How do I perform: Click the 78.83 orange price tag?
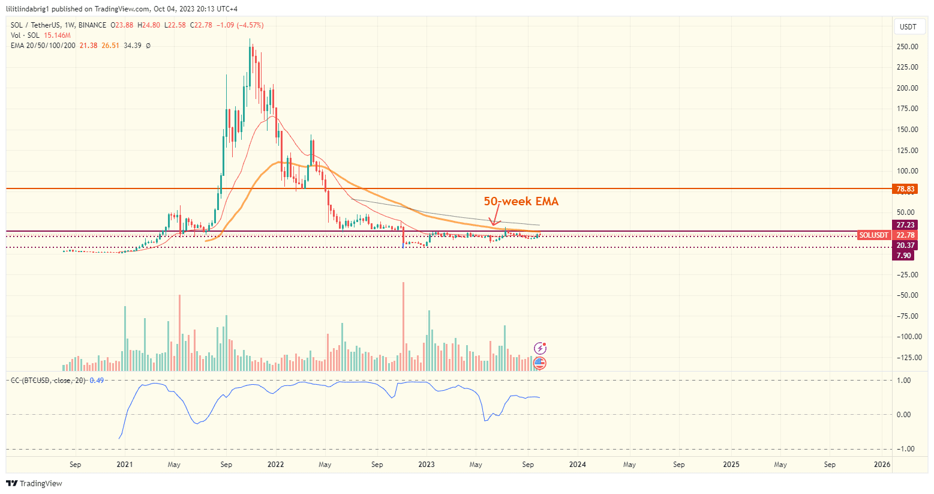pyautogui.click(x=905, y=189)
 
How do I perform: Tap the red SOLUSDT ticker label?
pyautogui.click(x=873, y=235)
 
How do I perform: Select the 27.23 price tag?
pyautogui.click(x=905, y=225)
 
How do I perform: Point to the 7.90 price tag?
pyautogui.click(x=903, y=256)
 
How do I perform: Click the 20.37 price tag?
pyautogui.click(x=905, y=245)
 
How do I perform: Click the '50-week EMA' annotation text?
pyautogui.click(x=521, y=202)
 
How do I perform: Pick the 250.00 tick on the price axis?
pyautogui.click(x=907, y=47)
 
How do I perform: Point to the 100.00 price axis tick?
pyautogui.click(x=907, y=171)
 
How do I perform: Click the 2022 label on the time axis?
pyautogui.click(x=275, y=465)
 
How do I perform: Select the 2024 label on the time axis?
pyautogui.click(x=577, y=465)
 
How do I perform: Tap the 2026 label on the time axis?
pyautogui.click(x=882, y=465)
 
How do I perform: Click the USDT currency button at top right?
pyautogui.click(x=908, y=26)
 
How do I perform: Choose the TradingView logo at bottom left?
pyautogui.click(x=34, y=484)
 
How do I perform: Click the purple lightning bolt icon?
pyautogui.click(x=540, y=348)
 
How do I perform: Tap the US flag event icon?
pyautogui.click(x=540, y=363)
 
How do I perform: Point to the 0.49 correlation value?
pyautogui.click(x=97, y=381)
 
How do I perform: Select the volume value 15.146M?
pyautogui.click(x=57, y=35)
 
